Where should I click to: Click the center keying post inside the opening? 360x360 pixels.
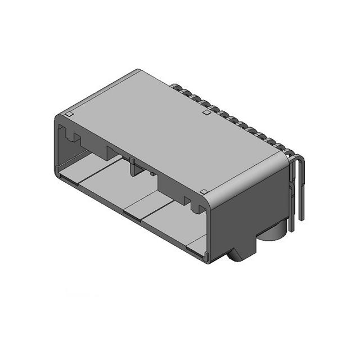(x=135, y=167)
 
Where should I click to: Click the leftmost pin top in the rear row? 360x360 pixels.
(x=175, y=87)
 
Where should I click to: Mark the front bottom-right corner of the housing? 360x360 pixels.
(x=209, y=262)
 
